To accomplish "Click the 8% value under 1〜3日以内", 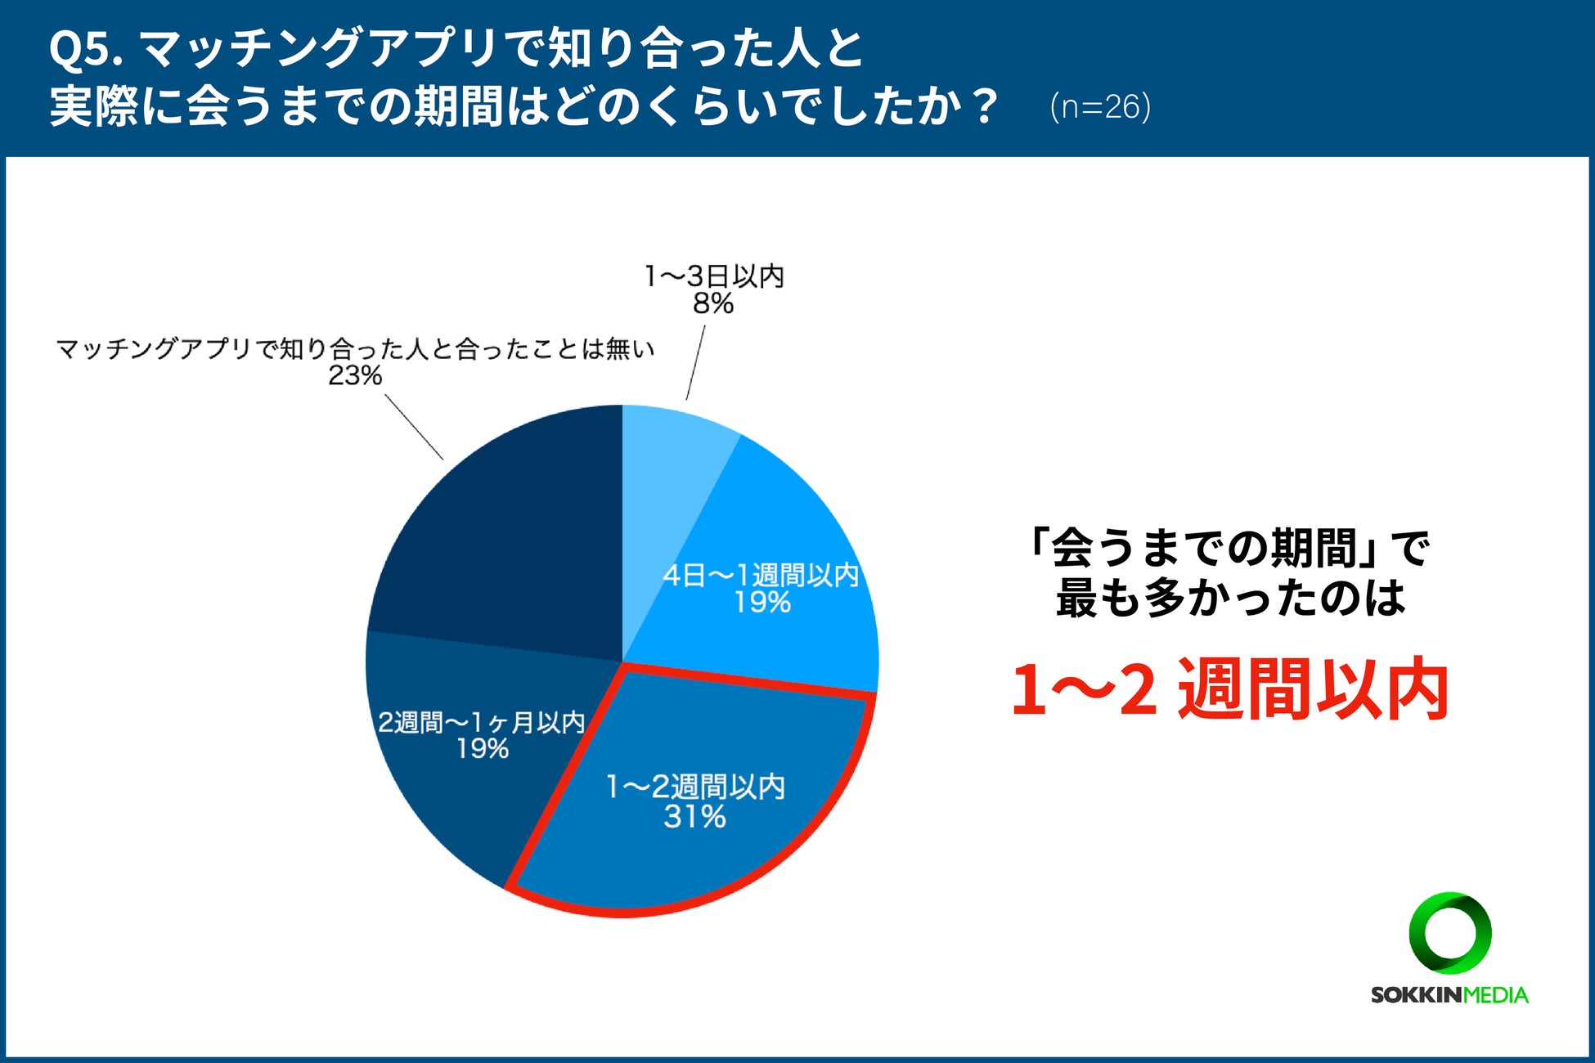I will coord(713,304).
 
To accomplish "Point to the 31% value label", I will coord(694,817).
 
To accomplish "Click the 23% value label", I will coord(355,376).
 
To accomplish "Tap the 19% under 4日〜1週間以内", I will coord(762,603).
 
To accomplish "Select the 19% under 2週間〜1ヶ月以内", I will coord(483,749).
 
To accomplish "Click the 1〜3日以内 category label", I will coord(714,276).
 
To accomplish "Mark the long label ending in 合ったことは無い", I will coord(355,349).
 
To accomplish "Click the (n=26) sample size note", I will coord(1100,107).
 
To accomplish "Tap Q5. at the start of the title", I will coord(85,49).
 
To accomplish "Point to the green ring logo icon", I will coord(1450,933).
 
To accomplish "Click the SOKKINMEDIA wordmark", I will coord(1449,995).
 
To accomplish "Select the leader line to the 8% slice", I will coord(695,363).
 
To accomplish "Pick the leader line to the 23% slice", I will coord(414,428).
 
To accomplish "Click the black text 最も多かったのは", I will coord(1230,599).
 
